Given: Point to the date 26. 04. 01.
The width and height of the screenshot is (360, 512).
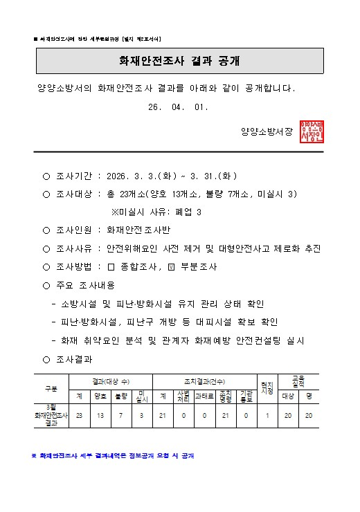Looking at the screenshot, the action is [178, 108].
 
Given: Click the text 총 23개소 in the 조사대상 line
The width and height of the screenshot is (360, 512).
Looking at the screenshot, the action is [129, 194].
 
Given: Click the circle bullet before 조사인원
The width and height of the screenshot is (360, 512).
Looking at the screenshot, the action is [46, 230].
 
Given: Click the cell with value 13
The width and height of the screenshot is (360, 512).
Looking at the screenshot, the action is [100, 415].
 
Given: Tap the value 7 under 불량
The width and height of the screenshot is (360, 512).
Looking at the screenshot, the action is [121, 415].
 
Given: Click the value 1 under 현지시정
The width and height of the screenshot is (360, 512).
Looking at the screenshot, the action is [267, 415].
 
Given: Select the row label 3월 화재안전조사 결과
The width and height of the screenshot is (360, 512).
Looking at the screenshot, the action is [51, 415].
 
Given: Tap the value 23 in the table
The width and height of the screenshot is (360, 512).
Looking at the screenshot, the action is [79, 415].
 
